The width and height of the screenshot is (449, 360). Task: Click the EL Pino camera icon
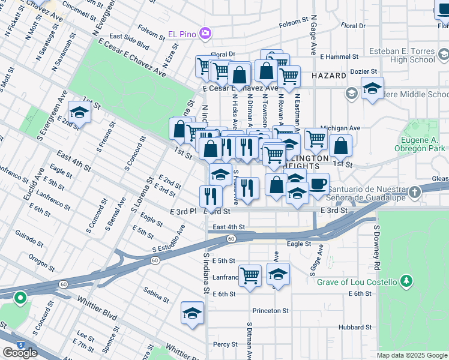(205, 32)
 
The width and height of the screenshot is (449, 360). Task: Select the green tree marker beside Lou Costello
(407, 281)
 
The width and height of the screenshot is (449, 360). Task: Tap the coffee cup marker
(318, 183)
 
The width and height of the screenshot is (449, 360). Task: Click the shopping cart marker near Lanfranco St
(250, 276)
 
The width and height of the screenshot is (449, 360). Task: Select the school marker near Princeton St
(192, 313)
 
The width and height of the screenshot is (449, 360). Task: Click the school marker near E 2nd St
(79, 112)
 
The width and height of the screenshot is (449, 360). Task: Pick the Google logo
(20, 353)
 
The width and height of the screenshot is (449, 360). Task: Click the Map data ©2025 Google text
(412, 355)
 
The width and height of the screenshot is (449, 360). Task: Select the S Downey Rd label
(377, 247)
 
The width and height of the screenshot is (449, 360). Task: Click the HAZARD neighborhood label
(329, 76)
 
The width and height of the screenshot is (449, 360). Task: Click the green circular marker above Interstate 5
(20, 298)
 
